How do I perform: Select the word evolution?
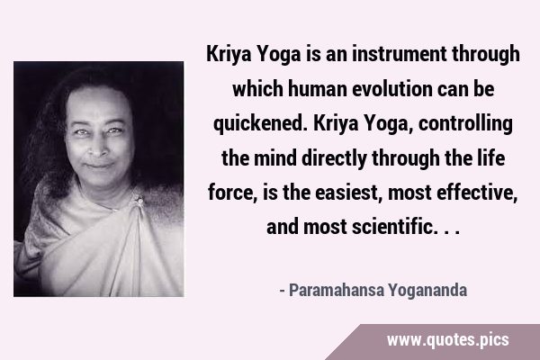coord(392,89)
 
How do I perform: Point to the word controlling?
coord(465,124)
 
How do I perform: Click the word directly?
coord(334,158)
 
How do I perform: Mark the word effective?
coord(477,193)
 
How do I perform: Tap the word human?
coord(317,89)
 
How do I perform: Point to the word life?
coord(492,158)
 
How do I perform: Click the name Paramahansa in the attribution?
coord(336,290)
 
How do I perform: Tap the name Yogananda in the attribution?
coord(428,291)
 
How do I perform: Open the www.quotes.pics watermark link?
coord(447,340)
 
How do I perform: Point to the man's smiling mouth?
coord(99,166)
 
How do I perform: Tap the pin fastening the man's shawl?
coord(139,200)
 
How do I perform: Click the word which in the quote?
coord(257,89)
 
